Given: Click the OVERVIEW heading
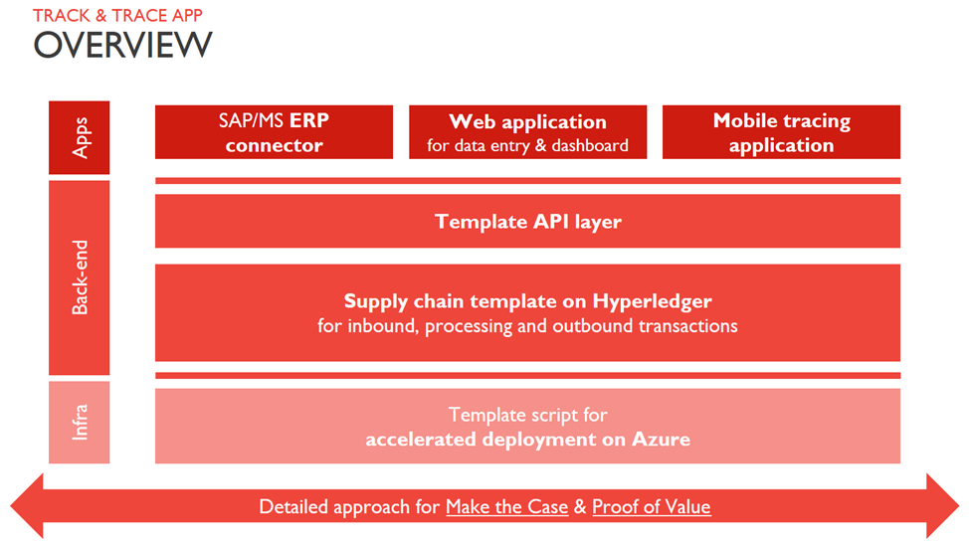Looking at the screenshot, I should point(122,45).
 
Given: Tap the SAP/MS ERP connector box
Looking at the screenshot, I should point(274,132).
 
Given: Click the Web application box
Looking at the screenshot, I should point(527,132).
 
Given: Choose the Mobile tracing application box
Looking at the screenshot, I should point(781,132).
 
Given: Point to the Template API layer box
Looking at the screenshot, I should point(527,221).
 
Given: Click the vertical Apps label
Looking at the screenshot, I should point(80,137).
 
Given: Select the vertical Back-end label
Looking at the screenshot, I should point(80,277).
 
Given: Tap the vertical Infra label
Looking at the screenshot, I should point(80,422).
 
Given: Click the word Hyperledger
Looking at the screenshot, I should point(652,300).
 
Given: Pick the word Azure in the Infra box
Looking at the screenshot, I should point(661,439).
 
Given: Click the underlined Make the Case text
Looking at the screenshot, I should point(506,507).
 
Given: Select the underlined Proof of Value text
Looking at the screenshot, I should point(651,507).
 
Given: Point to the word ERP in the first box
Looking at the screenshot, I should point(309,121).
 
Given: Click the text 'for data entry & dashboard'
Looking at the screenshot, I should point(527,145).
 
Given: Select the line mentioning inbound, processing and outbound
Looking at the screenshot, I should point(527,325).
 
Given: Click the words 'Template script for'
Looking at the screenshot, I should point(527,415).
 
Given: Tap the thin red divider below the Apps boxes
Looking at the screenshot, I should point(527,181).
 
